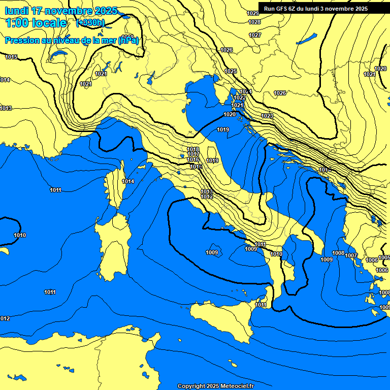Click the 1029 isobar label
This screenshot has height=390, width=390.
[x=252, y=13]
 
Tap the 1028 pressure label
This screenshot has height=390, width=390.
[x=254, y=22]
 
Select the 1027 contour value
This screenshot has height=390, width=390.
[x=255, y=35]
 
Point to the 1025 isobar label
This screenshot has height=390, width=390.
[x=231, y=71]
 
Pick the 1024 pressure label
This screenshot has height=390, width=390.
[x=246, y=91]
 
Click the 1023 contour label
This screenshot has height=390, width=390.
[x=267, y=116]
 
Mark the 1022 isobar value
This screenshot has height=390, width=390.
[x=240, y=97]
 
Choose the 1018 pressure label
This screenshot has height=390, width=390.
[x=193, y=149]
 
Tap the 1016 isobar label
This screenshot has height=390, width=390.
[x=193, y=159]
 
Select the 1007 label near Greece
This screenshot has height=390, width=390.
[x=351, y=255]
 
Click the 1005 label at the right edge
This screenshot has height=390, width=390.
[x=384, y=257]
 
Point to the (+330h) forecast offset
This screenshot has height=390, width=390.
[x=90, y=22]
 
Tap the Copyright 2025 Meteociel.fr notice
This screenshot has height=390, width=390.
[x=215, y=386]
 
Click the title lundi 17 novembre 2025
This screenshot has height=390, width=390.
[x=61, y=11]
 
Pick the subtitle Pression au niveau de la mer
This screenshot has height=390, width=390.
[x=72, y=40]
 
